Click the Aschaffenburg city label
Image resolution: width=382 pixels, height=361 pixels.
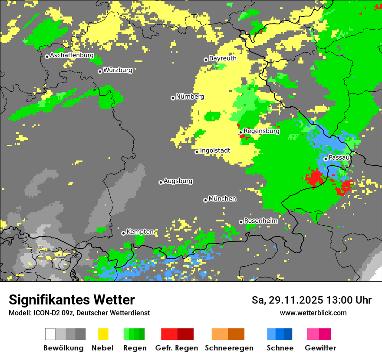72,56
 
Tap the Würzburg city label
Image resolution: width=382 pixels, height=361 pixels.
118,70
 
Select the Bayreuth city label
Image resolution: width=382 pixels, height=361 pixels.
223,58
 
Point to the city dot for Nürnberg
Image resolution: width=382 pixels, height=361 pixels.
173,98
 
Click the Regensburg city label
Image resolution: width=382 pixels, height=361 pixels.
261,131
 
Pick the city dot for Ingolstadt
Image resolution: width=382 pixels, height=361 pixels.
197,152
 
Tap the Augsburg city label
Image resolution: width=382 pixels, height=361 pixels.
178,181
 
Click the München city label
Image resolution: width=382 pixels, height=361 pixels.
222,199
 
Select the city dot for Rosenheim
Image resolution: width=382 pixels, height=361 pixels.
241,222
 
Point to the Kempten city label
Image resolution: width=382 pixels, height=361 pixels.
140,232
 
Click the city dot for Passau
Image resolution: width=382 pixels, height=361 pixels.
326,159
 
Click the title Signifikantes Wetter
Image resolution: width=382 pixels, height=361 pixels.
72,300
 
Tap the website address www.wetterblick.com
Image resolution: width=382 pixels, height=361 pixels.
313,313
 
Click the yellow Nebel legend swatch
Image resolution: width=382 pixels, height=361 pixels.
103,334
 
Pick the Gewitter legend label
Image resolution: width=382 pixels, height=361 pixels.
320,348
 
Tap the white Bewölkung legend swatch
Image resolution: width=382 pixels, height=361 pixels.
50,334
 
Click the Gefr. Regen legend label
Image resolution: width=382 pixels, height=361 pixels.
176,348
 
